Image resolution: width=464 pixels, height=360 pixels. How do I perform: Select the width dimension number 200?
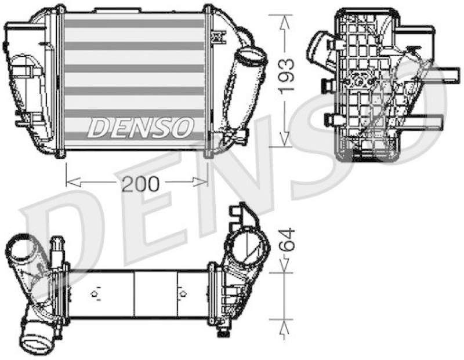click(140, 184)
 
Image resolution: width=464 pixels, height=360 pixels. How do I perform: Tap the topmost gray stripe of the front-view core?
click(135, 24)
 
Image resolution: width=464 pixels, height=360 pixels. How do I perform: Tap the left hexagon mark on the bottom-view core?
click(95, 293)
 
